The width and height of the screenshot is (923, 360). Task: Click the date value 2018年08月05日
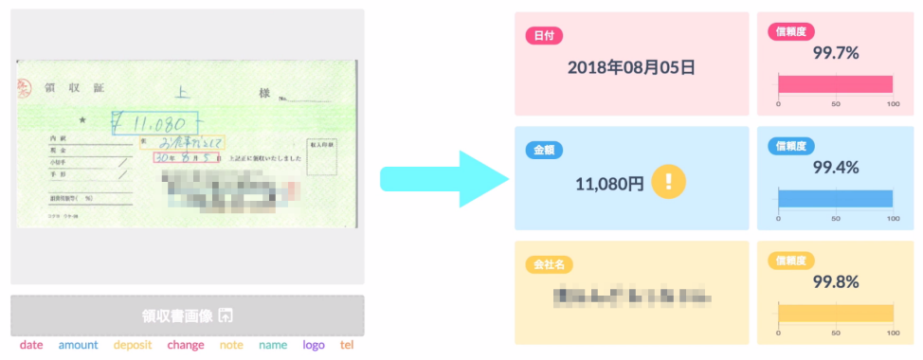pyautogui.click(x=631, y=67)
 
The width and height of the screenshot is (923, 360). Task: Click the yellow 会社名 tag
pyautogui.click(x=550, y=264)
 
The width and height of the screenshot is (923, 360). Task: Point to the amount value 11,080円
pyautogui.click(x=608, y=184)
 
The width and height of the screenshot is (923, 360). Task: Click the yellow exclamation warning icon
pyautogui.click(x=668, y=181)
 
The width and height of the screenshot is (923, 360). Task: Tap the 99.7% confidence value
pyautogui.click(x=836, y=54)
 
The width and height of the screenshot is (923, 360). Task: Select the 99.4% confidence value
pyautogui.click(x=836, y=168)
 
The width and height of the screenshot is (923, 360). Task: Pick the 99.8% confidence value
pyautogui.click(x=836, y=281)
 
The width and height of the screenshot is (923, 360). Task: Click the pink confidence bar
pyautogui.click(x=835, y=84)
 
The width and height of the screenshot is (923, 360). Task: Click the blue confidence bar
pyautogui.click(x=835, y=198)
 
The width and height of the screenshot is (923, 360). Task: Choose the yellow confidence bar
pyautogui.click(x=835, y=313)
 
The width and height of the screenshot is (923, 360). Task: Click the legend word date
pyautogui.click(x=31, y=345)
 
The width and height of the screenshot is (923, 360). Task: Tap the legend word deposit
pyautogui.click(x=133, y=345)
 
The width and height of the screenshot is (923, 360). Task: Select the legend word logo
pyautogui.click(x=314, y=345)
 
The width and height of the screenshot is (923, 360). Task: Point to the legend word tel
pyautogui.click(x=347, y=345)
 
